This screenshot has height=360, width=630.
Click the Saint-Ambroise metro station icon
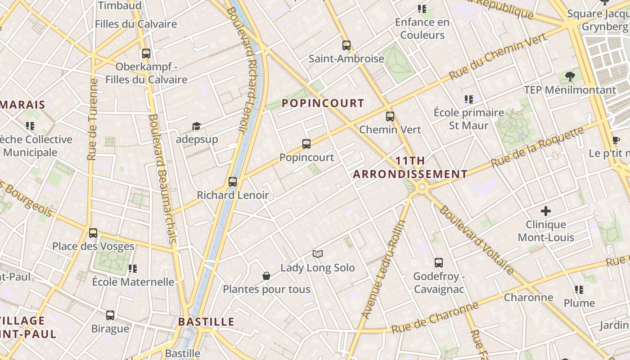(346, 45)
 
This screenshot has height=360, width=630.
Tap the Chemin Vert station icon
(390, 117)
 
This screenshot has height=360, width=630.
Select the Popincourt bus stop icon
(306, 144)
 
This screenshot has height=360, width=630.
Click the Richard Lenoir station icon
(233, 182)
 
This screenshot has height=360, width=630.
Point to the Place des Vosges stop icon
(93, 233)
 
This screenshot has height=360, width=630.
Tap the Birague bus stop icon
(110, 315)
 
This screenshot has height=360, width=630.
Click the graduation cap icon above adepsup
(196, 126)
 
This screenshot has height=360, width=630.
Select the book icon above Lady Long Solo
(318, 254)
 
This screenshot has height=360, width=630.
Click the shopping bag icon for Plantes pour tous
(266, 276)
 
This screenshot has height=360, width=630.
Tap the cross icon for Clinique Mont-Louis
(546, 211)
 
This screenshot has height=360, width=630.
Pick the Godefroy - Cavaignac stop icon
(439, 263)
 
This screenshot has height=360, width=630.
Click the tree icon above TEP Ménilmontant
(570, 76)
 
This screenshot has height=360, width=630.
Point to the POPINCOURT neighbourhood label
(323, 103)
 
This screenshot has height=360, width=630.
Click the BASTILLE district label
(206, 322)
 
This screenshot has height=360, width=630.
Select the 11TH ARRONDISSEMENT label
(410, 167)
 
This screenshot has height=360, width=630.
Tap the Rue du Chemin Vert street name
(499, 57)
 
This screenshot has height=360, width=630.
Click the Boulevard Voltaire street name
(477, 240)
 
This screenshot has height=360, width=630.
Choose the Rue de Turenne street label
(93, 120)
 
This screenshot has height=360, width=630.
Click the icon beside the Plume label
(579, 290)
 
